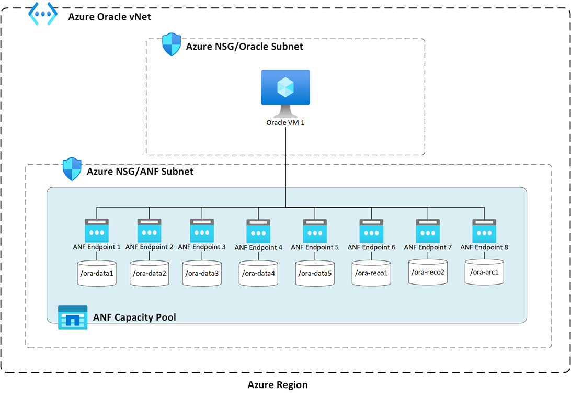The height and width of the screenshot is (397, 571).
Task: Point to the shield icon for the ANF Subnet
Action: [x=72, y=169]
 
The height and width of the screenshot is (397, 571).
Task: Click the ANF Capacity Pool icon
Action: [x=73, y=317]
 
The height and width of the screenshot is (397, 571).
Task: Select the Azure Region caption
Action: [x=278, y=385]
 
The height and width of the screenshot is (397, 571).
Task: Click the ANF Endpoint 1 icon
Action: [x=97, y=229]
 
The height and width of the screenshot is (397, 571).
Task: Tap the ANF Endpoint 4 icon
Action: [x=258, y=230]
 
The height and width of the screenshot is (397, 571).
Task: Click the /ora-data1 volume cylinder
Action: [x=97, y=273]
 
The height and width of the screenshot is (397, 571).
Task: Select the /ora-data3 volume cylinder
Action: [x=202, y=273]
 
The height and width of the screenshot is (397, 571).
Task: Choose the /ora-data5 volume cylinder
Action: [x=315, y=273]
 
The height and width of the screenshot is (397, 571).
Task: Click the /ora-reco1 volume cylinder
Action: [x=371, y=273]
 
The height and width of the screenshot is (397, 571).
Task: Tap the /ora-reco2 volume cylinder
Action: [x=428, y=272]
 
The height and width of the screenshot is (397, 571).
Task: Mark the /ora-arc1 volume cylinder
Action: [x=484, y=272]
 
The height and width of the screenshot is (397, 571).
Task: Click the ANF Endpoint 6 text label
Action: [x=371, y=247]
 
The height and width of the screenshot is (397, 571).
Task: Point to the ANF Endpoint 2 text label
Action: [x=149, y=247]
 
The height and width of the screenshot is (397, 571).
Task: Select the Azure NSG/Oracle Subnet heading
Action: [x=245, y=47]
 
